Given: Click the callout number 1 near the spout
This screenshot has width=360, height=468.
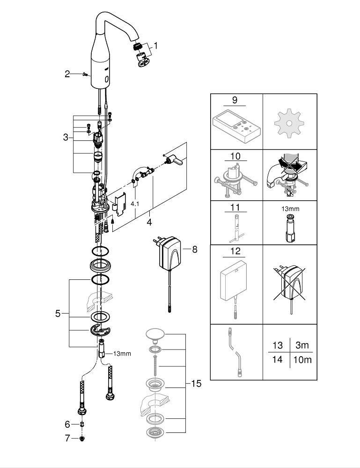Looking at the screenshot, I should (156, 46).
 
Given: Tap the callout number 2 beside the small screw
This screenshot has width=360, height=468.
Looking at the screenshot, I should (67, 73).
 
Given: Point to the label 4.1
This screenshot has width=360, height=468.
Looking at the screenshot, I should (135, 204).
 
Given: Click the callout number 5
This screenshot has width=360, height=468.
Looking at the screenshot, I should (58, 313).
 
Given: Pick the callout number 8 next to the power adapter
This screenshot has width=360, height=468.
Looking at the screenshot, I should (194, 249).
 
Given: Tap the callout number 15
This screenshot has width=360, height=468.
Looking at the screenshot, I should (196, 384).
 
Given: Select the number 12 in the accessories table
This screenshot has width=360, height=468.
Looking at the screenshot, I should (235, 251).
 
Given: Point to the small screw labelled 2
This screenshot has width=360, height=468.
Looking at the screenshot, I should (83, 73).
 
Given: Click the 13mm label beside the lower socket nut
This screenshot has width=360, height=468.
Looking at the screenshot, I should (122, 353).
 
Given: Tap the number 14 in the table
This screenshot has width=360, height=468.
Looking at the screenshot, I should (278, 360).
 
